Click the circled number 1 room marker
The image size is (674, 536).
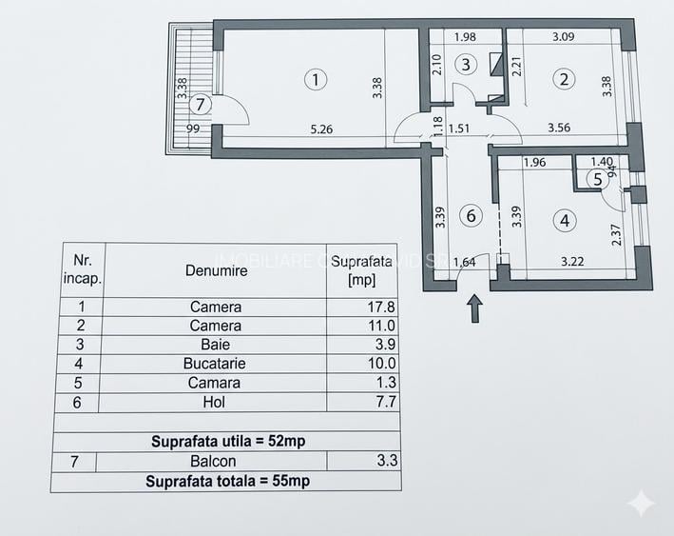tap(316, 80)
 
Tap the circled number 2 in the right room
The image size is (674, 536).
tap(565, 80)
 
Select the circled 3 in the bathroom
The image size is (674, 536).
tap(465, 65)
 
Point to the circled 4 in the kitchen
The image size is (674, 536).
tap(566, 221)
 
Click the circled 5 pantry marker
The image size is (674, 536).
tap(597, 178)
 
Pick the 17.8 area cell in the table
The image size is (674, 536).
tap(361, 307)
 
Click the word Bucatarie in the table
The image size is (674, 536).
tap(215, 364)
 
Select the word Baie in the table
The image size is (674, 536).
tap(215, 345)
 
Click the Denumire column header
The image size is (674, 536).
tap(216, 270)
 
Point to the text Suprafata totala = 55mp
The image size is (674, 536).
tap(227, 481)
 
